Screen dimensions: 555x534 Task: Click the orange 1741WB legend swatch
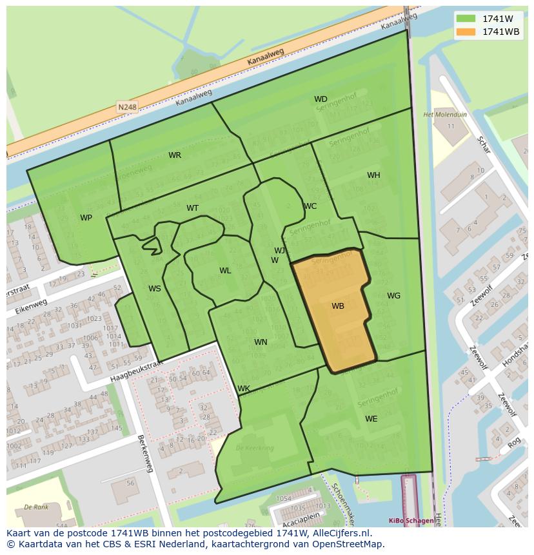(x=466, y=32)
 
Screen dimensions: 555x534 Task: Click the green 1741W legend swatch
(x=466, y=19)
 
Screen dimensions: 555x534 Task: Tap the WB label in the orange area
(x=338, y=306)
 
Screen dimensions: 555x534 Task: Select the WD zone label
(x=321, y=99)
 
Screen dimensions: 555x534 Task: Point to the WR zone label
(x=175, y=155)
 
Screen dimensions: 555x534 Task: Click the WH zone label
(x=373, y=175)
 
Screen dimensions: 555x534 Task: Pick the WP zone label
(x=86, y=218)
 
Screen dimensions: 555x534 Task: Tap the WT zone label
(x=192, y=208)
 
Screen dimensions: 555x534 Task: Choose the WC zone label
(x=310, y=206)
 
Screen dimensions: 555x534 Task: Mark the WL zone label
(x=225, y=271)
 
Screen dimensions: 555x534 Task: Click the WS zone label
(x=155, y=289)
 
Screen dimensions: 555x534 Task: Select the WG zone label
(x=393, y=296)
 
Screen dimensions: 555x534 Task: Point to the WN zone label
(x=261, y=342)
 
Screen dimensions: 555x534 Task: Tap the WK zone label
(x=244, y=389)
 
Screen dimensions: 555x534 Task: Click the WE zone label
(x=371, y=419)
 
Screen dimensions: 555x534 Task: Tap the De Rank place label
(x=36, y=507)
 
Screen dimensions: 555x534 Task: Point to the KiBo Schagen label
(x=411, y=520)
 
